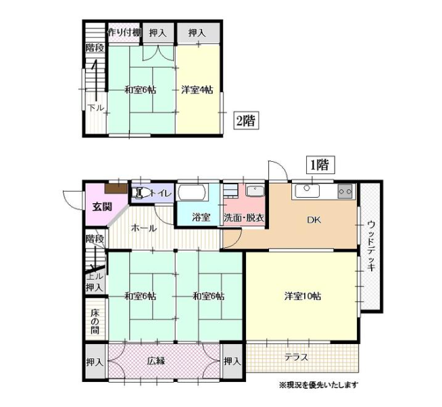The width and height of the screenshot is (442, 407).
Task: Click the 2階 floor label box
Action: coord(246,121)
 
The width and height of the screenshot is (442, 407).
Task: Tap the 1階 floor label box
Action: coord(320,165)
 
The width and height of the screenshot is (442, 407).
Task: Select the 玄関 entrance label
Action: coord(102,207)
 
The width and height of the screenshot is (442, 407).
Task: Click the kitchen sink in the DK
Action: coord(307,191)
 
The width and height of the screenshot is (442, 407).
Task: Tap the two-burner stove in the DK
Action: coord(345,191)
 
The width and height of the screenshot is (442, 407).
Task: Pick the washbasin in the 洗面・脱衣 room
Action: coord(255,191)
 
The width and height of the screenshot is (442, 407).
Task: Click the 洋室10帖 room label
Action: coord(303,297)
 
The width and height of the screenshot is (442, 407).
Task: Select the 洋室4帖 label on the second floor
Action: coord(197,90)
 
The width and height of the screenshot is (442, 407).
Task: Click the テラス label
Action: coord(296,358)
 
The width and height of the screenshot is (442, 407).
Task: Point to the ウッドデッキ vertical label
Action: coord(371,247)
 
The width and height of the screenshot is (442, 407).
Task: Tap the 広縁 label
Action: coord(156,361)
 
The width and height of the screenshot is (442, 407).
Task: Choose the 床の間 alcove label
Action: coord(95,322)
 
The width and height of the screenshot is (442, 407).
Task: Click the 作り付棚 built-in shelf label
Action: coord(124,33)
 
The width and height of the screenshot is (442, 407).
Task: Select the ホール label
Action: coord(144,228)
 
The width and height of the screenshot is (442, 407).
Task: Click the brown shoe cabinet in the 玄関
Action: coord(116,188)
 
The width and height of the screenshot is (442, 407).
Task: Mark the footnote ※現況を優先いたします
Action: coord(318,385)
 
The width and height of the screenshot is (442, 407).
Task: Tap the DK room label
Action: coord(314,219)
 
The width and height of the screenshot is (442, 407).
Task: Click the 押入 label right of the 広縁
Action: coord(232,361)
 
